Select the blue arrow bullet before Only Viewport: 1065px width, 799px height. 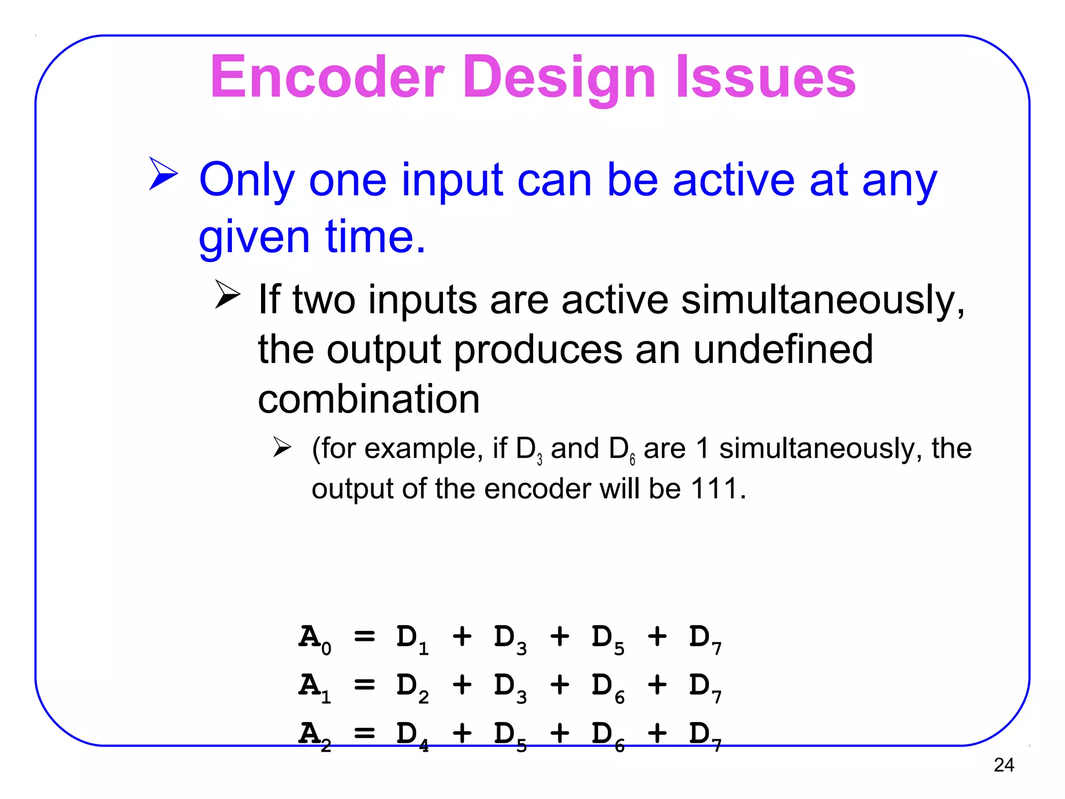tap(163, 173)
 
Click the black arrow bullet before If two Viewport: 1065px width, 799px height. tap(227, 294)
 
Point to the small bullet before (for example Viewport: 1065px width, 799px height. tap(282, 447)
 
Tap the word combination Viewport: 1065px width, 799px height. tap(369, 399)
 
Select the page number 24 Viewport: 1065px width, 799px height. tap(1003, 765)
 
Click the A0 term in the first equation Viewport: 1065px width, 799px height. tap(314, 638)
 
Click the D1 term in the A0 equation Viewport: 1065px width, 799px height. tap(412, 638)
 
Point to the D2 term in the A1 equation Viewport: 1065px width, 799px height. tap(412, 687)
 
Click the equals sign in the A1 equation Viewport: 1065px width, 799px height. tap(364, 686)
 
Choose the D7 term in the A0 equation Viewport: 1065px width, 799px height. tap(705, 638)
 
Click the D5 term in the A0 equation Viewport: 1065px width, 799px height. tap(607, 638)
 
